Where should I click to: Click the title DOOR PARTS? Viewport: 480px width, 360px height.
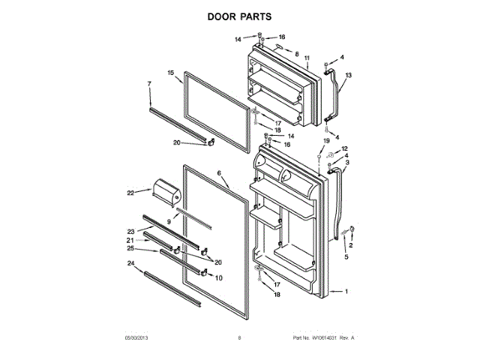coord(240,16)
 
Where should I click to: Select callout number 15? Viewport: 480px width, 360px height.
coord(170,73)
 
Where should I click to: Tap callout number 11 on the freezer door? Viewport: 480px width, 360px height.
coord(307,58)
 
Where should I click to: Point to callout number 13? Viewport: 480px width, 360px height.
coord(348,75)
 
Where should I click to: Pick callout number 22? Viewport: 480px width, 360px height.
coord(130,193)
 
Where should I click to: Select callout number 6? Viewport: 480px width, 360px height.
coord(220,173)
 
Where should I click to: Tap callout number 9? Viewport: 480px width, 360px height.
coord(169,222)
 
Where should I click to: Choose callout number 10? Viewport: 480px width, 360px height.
coord(219,278)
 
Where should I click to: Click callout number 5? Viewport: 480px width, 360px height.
coord(346,257)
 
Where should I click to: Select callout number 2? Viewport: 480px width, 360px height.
coord(350,245)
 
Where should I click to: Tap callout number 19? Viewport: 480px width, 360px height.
coord(326,141)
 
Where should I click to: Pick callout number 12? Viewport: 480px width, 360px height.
coord(346,149)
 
